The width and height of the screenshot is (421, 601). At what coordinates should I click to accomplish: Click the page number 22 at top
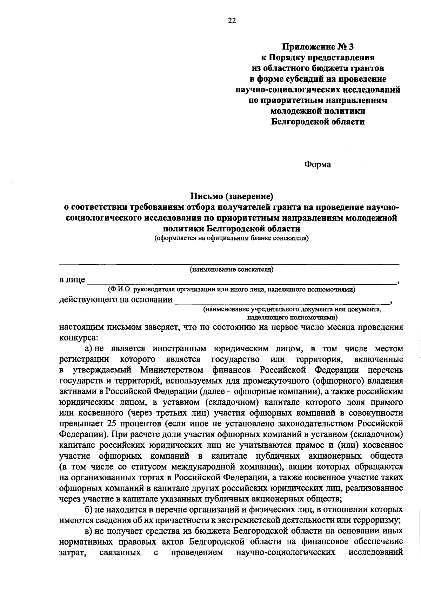(232, 21)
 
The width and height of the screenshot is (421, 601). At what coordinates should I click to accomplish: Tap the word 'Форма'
(318, 164)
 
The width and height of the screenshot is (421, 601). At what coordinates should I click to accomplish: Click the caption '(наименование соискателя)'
(232, 269)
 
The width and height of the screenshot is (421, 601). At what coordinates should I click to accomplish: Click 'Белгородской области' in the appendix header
(318, 122)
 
